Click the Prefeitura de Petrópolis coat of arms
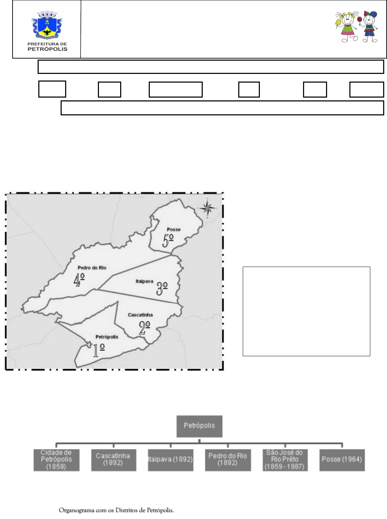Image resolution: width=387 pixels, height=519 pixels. [47, 25]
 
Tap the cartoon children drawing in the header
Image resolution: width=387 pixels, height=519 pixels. [356, 26]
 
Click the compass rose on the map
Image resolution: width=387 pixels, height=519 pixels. [207, 208]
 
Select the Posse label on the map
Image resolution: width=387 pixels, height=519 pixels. [174, 229]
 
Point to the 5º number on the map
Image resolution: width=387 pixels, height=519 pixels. [168, 241]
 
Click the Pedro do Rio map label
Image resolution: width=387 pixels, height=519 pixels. [92, 268]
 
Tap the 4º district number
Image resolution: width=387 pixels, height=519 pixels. [79, 280]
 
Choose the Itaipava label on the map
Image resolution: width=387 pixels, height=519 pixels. [144, 281]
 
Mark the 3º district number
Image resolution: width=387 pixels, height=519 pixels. [162, 289]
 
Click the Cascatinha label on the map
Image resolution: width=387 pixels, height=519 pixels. [140, 315]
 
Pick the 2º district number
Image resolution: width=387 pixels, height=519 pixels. [144, 328]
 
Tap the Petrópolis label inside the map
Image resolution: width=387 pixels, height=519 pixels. [107, 337]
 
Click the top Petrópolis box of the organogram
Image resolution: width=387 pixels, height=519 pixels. [199, 426]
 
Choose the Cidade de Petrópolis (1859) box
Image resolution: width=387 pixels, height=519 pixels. [56, 460]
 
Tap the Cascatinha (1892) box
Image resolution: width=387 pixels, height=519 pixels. [114, 460]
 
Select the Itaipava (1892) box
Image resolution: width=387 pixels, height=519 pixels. [171, 460]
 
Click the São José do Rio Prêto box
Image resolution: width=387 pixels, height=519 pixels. [285, 460]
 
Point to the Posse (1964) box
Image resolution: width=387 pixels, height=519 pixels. [342, 460]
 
